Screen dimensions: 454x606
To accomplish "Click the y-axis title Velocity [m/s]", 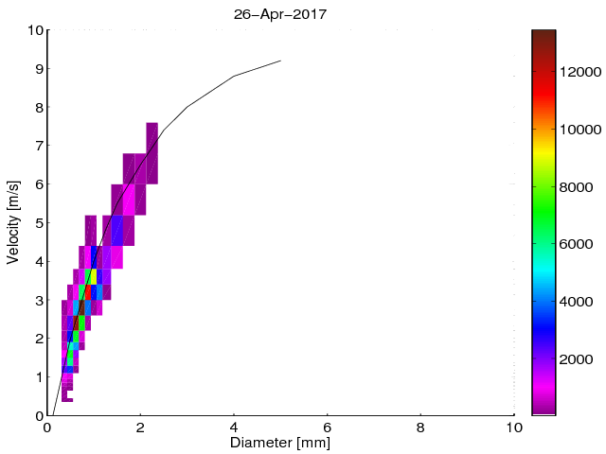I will coord(13,222).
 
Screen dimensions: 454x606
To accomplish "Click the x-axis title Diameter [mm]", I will coord(281,442).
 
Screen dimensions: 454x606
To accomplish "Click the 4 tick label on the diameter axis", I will coord(234,427).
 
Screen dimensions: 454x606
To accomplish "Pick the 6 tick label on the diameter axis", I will coord(328,427).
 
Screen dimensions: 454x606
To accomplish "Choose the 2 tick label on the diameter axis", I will coord(140,427).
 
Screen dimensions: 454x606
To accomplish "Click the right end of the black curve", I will coord(280,61).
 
